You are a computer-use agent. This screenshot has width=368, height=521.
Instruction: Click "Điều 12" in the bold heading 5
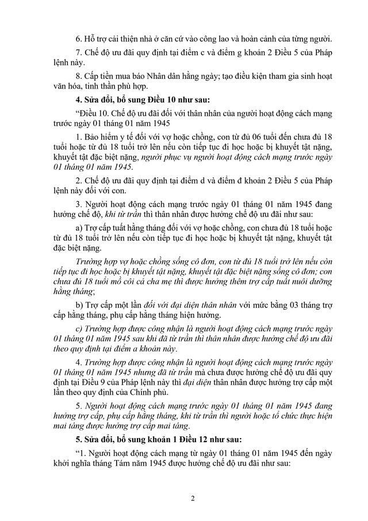(x=170, y=439)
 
